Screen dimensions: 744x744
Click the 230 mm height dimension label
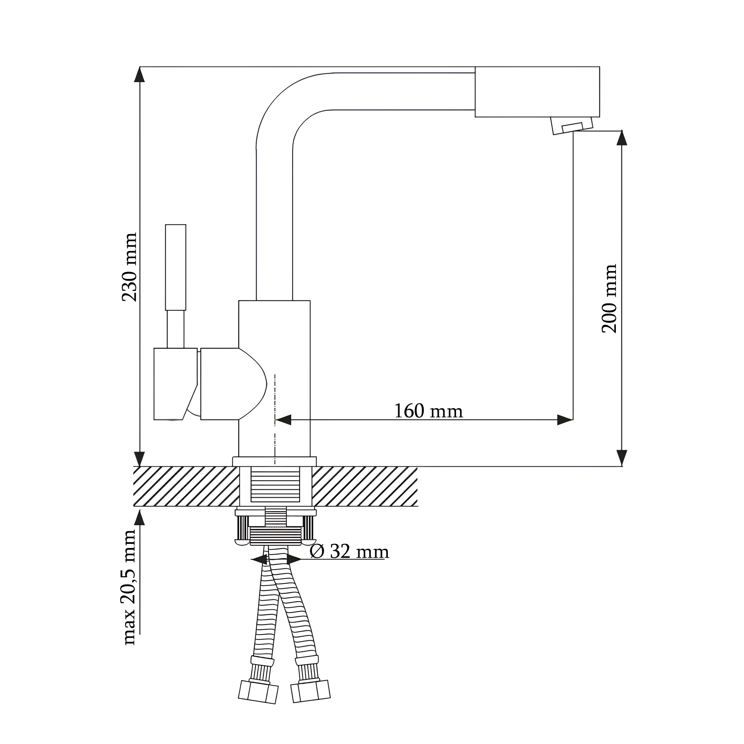(x=130, y=267)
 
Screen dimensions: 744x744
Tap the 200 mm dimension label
(x=609, y=298)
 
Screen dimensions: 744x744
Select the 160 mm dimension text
(x=428, y=411)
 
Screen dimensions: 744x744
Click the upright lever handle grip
(x=176, y=267)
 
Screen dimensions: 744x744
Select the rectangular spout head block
(x=537, y=92)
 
